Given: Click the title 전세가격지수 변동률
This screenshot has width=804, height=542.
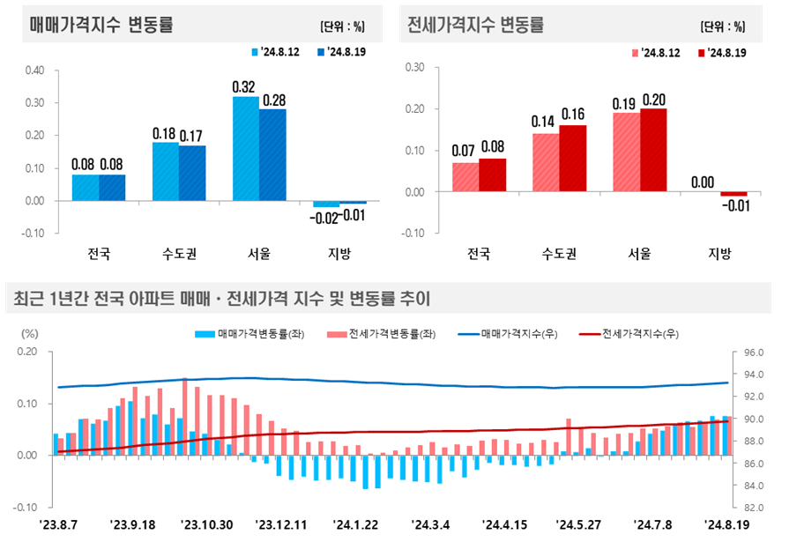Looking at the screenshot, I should point(476,26).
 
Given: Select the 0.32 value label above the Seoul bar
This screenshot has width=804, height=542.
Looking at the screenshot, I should point(244,87).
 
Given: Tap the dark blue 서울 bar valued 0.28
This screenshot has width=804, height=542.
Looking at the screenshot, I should point(272,155).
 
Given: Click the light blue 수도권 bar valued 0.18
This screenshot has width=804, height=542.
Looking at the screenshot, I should point(166,171).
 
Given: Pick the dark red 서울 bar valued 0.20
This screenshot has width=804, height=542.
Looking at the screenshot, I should point(653,151).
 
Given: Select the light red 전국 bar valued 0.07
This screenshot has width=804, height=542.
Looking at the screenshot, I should point(465,177).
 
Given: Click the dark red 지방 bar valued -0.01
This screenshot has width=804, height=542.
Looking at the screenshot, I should point(733,194).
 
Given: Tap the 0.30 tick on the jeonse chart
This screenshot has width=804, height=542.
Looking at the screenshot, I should point(413,68).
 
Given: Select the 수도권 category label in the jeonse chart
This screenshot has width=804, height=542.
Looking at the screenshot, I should point(559,255).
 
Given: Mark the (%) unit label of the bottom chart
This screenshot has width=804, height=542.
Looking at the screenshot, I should point(30,334).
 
